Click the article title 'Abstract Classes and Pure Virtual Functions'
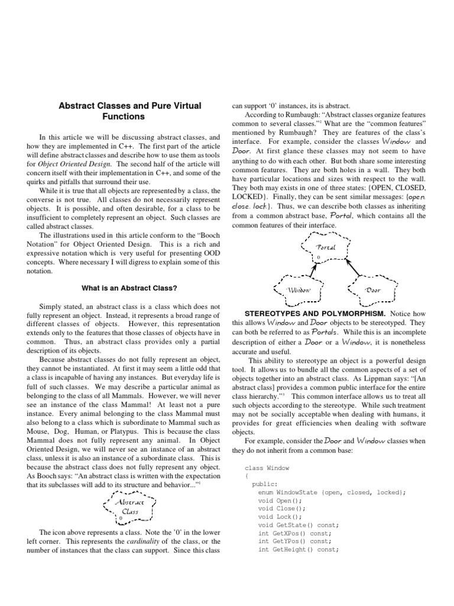[x=129, y=111]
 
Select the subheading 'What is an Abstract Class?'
[x=129, y=288]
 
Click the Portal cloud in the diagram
[x=326, y=249]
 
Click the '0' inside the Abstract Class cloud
[x=121, y=501]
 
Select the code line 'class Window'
[x=267, y=468]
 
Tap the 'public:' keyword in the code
[x=264, y=483]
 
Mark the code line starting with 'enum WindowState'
[x=332, y=492]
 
